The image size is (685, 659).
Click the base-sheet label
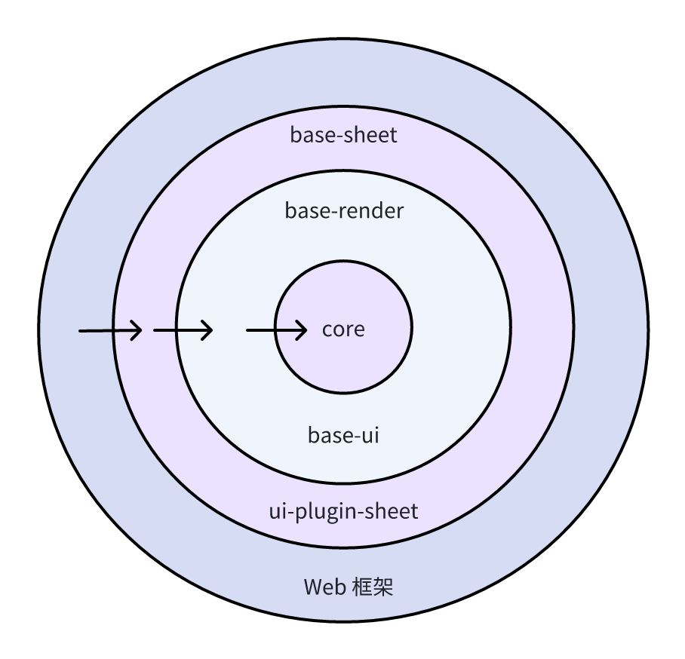click(343, 134)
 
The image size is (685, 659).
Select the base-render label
click(344, 210)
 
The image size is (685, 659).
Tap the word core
click(343, 329)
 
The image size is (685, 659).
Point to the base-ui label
click(343, 435)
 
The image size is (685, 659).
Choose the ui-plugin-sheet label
click(343, 511)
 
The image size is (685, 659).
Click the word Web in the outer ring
click(325, 587)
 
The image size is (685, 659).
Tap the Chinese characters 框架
click(373, 587)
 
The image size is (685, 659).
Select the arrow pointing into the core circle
click(277, 330)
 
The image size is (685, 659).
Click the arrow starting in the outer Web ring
click(111, 330)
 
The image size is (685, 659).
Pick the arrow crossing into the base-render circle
click(183, 330)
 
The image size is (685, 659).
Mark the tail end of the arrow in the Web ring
click(79, 331)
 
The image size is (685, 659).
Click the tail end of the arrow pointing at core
click(247, 330)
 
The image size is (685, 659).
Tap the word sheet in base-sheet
click(371, 134)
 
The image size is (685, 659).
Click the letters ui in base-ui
click(370, 435)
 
